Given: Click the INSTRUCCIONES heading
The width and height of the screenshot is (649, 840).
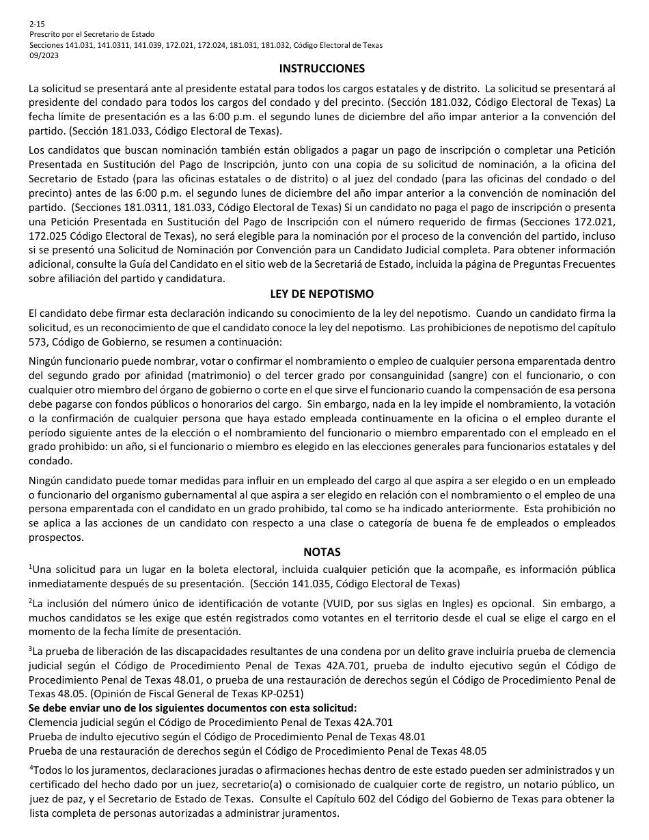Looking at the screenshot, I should tap(322, 68).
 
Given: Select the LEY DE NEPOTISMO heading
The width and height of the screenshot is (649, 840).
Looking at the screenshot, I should tap(322, 294).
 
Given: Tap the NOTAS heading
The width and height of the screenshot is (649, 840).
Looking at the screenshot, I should tap(322, 552).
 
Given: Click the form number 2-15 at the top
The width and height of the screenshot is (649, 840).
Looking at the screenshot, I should tap(36, 23).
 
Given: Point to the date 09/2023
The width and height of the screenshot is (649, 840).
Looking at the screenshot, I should tap(44, 56).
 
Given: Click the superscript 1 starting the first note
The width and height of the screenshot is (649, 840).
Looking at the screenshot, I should tap(31, 566).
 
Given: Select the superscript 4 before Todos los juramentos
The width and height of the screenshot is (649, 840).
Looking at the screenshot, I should tap(31, 767).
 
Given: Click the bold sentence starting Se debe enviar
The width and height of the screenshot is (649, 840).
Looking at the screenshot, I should tap(193, 708).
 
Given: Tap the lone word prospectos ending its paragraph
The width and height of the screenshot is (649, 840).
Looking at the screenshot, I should tap(56, 537).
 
